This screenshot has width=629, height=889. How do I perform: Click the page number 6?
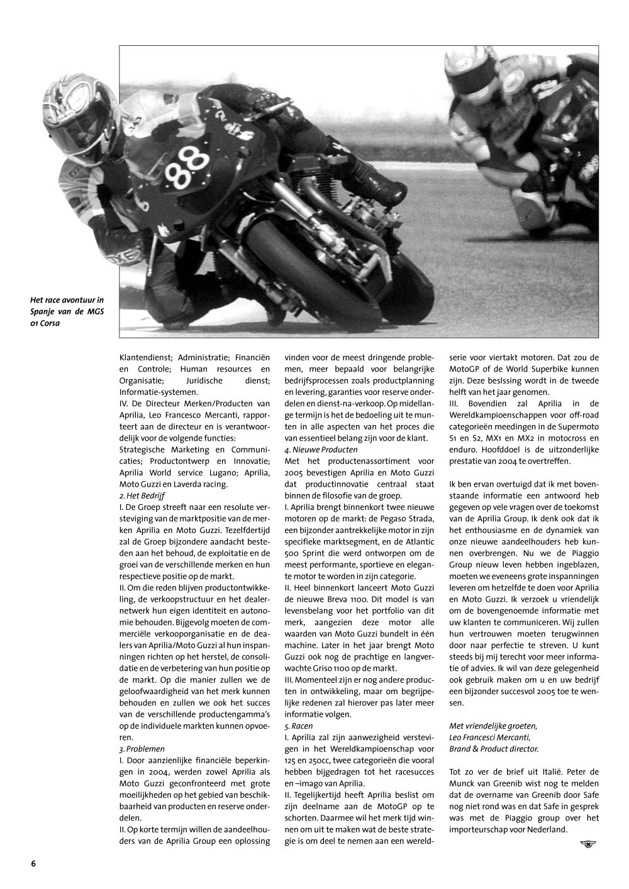tap(33, 863)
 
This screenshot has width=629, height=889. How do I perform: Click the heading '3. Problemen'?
tap(142, 749)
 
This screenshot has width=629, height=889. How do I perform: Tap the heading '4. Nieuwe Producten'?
tap(321, 450)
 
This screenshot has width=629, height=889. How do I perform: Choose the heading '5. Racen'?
tap(299, 726)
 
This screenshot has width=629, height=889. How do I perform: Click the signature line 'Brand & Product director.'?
tap(494, 749)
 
